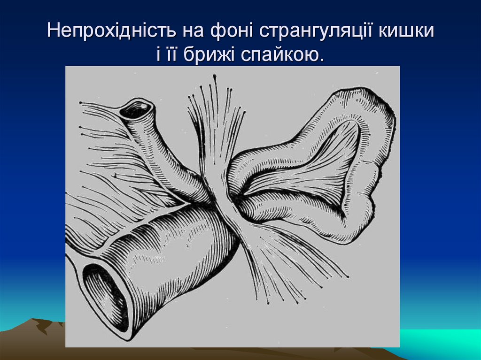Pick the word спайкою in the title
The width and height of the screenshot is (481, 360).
click(x=283, y=55)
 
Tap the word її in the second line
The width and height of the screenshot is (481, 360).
click(x=172, y=55)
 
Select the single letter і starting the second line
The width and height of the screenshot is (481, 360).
click(x=158, y=55)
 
